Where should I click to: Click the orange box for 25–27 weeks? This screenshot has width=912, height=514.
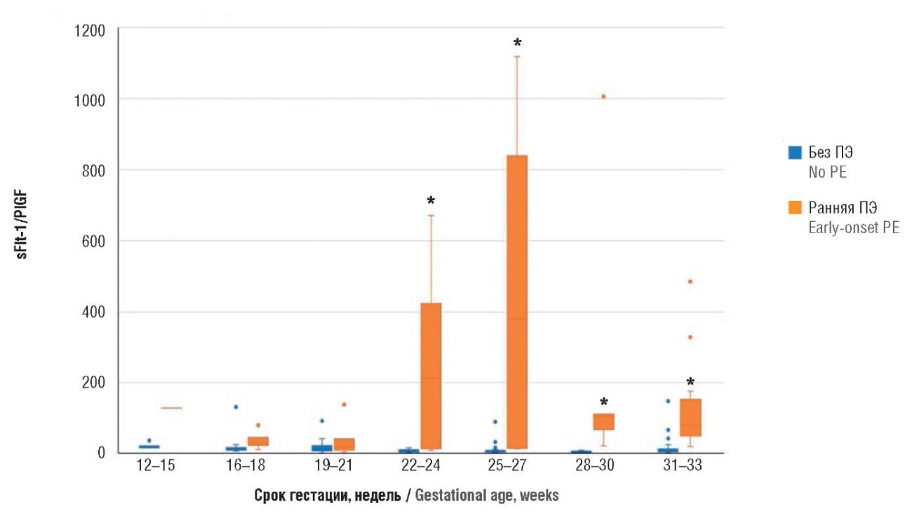517,302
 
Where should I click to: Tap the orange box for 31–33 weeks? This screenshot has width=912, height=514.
690,418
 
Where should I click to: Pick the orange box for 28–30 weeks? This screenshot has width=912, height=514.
603,421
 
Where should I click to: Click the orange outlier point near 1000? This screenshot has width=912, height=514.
603,96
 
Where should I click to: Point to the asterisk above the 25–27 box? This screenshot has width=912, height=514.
517,44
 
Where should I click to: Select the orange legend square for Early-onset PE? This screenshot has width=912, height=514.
795,207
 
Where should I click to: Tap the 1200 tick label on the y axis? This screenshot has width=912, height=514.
90,30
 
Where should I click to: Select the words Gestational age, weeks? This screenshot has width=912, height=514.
487,496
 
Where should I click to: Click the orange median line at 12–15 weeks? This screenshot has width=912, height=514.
171,407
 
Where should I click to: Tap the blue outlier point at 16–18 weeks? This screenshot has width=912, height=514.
236,407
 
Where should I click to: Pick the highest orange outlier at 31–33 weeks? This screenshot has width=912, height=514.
690,281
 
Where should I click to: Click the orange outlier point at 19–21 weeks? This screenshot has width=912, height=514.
344,404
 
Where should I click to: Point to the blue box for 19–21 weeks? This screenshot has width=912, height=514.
322,448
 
